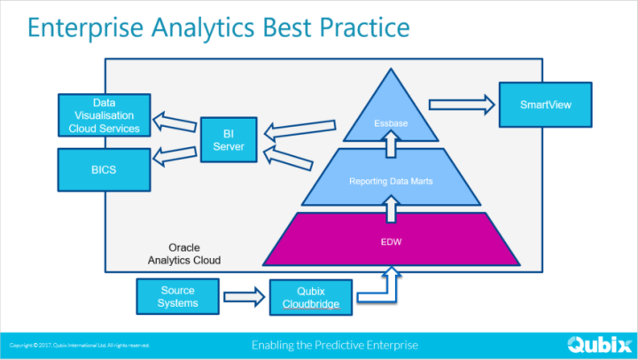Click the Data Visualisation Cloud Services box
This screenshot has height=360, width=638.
pyautogui.click(x=104, y=115)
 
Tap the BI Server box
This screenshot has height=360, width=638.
pyautogui.click(x=228, y=139)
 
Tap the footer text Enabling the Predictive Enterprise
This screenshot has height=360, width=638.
pyautogui.click(x=334, y=344)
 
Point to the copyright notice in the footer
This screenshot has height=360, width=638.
pyautogui.click(x=80, y=344)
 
